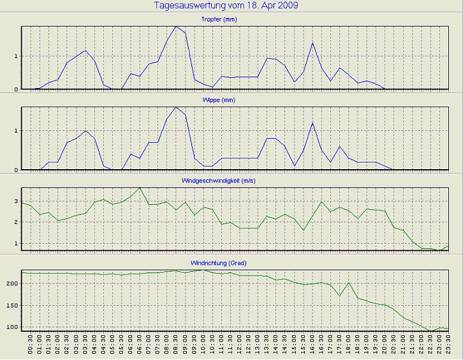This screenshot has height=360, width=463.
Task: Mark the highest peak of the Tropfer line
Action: [x=176, y=27]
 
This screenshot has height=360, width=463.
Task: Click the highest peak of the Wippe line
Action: [x=176, y=107]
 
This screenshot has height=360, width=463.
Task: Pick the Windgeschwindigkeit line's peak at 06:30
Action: [x=140, y=188]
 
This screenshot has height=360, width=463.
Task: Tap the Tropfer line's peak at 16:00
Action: [x=312, y=43]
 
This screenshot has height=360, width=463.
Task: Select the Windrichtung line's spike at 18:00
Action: [x=349, y=282]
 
